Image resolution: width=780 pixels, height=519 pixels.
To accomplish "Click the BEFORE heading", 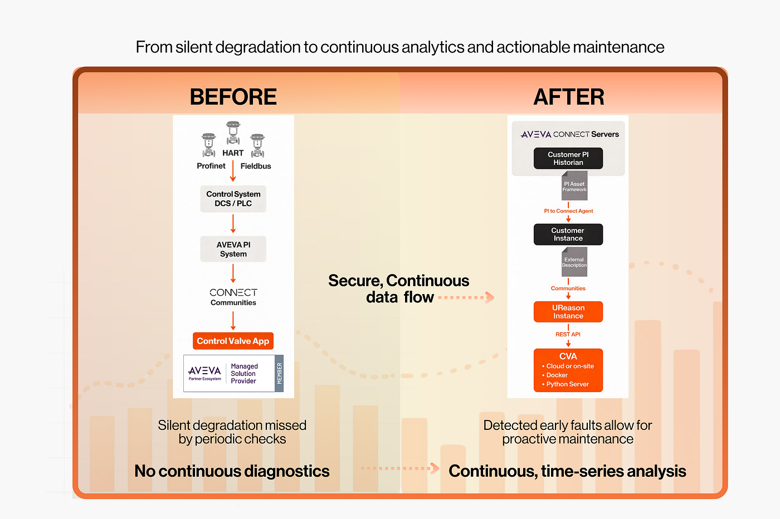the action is pyautogui.click(x=233, y=96).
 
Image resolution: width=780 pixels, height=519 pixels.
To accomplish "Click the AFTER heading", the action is pyautogui.click(x=569, y=96).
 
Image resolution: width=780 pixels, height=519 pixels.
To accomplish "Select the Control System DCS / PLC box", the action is pyautogui.click(x=233, y=199).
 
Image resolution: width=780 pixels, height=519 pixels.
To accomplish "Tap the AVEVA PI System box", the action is pyautogui.click(x=233, y=249).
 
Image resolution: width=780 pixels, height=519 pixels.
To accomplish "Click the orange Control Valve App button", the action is pyautogui.click(x=233, y=341).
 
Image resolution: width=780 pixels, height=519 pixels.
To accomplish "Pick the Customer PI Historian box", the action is pyautogui.click(x=568, y=158).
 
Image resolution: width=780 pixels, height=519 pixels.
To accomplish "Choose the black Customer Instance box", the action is pyautogui.click(x=568, y=234).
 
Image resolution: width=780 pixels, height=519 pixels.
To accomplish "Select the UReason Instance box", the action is pyautogui.click(x=568, y=311).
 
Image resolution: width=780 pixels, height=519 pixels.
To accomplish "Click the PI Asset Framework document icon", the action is pyautogui.click(x=574, y=185).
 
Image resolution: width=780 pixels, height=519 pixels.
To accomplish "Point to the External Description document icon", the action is pyautogui.click(x=574, y=262).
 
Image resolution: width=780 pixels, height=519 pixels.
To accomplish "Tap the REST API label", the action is pyautogui.click(x=568, y=334).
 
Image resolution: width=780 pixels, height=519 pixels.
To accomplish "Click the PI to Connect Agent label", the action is pyautogui.click(x=568, y=210).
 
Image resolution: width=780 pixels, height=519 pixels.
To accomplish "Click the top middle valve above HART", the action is pyautogui.click(x=233, y=133).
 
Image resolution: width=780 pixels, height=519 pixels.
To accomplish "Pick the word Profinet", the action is pyautogui.click(x=211, y=166).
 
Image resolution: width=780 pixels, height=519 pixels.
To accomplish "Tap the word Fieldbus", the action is pyautogui.click(x=256, y=166).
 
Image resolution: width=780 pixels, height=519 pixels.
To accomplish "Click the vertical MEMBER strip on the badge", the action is pyautogui.click(x=279, y=374).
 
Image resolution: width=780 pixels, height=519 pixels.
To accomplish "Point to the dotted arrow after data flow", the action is pyautogui.click(x=466, y=297).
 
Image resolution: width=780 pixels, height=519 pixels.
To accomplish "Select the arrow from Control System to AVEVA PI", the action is pyautogui.click(x=233, y=223).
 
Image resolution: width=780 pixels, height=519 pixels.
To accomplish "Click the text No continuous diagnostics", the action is pyautogui.click(x=232, y=471).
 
